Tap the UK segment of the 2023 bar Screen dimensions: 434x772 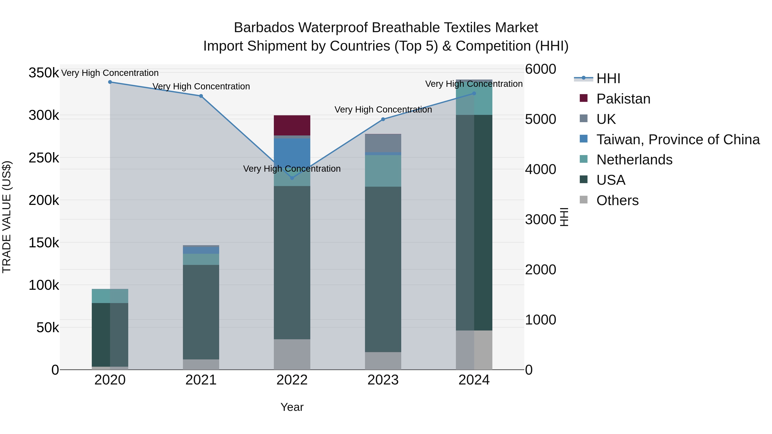[x=383, y=143]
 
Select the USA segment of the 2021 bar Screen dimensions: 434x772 [x=201, y=311]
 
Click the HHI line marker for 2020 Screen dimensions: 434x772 [x=110, y=82]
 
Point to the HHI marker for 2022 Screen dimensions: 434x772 [x=292, y=178]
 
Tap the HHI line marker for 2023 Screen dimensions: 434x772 [x=383, y=119]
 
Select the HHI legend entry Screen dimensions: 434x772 [x=608, y=78]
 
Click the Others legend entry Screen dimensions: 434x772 [x=617, y=200]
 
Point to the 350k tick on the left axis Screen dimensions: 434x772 [x=44, y=73]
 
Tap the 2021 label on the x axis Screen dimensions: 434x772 [x=201, y=380]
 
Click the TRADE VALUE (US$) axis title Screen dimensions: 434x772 [x=7, y=217]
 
